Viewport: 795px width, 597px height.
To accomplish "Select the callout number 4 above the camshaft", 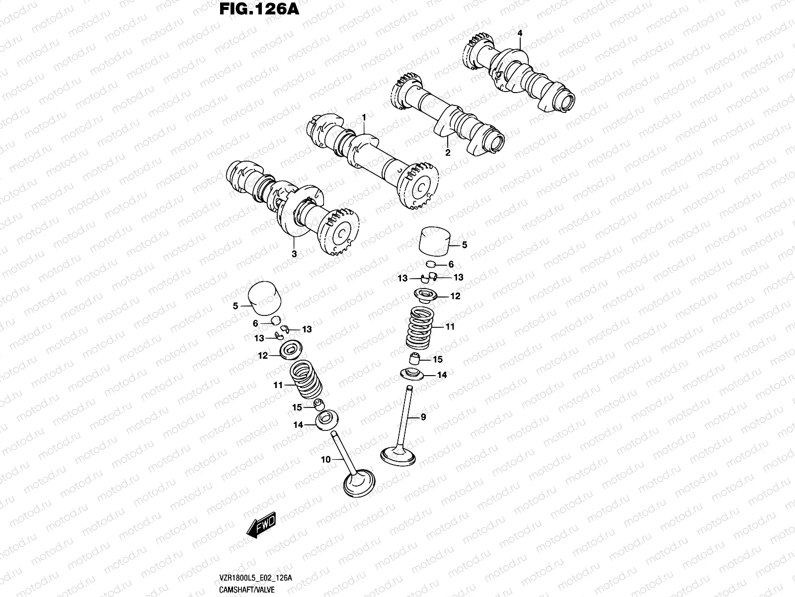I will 520,33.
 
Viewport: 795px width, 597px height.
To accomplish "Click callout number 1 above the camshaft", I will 364,117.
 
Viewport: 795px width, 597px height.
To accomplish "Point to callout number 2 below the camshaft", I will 448,153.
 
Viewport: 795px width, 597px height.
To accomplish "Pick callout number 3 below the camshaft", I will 294,254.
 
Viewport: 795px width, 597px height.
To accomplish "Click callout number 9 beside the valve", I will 423,417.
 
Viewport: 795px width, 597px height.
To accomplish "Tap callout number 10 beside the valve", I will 325,460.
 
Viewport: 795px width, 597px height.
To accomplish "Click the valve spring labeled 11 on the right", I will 420,327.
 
